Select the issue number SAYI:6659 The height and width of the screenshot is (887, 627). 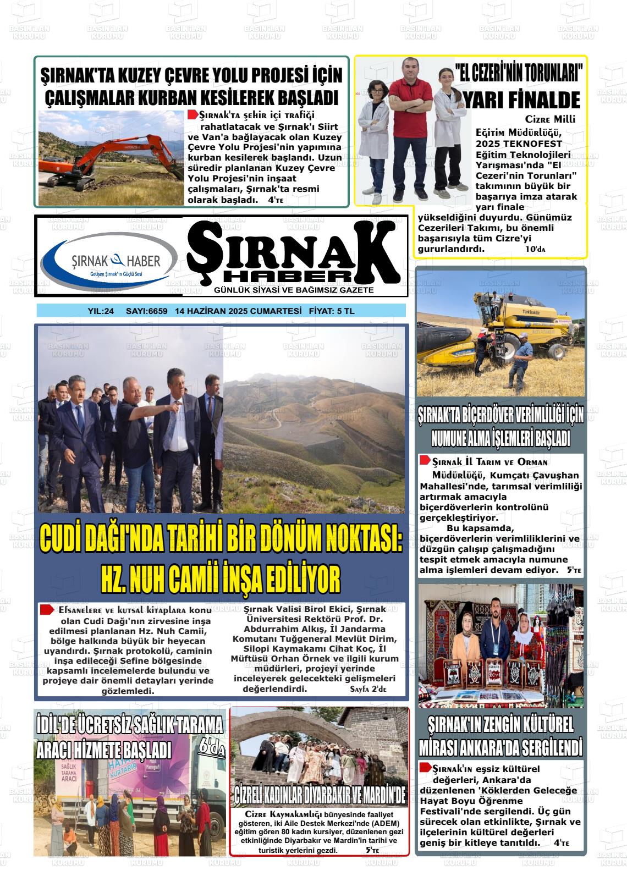[x=146, y=311]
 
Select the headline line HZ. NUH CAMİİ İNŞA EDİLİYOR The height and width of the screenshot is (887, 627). [x=220, y=578]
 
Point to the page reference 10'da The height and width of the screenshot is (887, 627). [x=535, y=249]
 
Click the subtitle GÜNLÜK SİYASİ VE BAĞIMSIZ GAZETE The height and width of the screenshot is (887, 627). [x=294, y=290]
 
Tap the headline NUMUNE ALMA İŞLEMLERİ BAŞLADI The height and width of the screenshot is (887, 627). [x=500, y=439]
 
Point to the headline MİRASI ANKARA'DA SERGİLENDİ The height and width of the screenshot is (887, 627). [x=500, y=748]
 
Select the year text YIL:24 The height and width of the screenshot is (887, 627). [x=101, y=311]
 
